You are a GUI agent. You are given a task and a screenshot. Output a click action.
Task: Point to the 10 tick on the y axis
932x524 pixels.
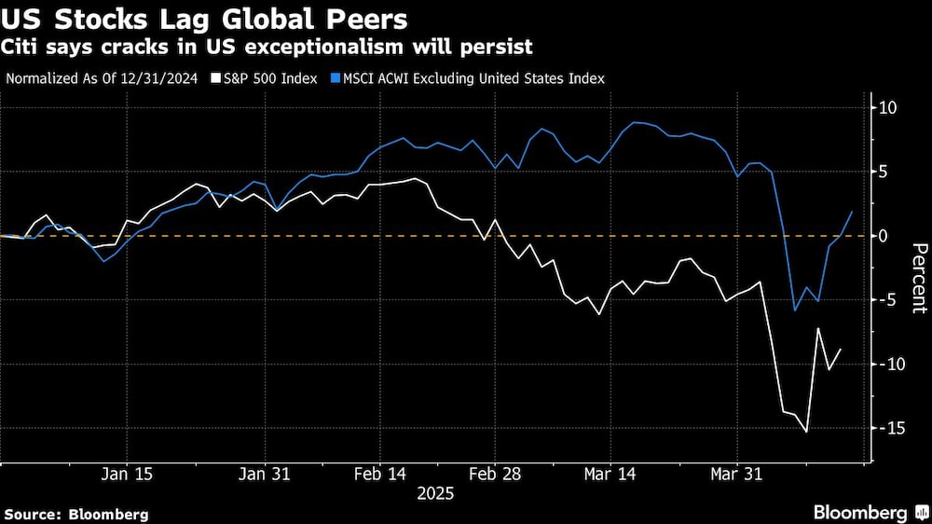887,108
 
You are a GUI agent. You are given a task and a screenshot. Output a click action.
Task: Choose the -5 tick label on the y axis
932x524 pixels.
886,300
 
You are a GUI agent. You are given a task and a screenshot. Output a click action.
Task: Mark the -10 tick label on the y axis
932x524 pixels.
889,364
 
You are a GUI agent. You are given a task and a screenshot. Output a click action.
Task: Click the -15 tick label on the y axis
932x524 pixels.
889,428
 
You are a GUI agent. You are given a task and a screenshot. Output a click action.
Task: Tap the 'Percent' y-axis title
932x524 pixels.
918,277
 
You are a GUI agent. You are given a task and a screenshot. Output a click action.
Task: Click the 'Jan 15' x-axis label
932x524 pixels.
126,474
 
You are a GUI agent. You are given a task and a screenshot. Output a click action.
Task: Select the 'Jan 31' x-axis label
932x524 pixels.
266,474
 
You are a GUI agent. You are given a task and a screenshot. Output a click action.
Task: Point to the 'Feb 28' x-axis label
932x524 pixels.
496,474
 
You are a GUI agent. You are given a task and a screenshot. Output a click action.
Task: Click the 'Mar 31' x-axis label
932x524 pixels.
736,474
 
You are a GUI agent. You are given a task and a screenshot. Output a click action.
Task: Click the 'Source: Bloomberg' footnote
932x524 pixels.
76,514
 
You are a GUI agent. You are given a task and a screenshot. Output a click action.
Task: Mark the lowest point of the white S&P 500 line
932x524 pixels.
806,432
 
